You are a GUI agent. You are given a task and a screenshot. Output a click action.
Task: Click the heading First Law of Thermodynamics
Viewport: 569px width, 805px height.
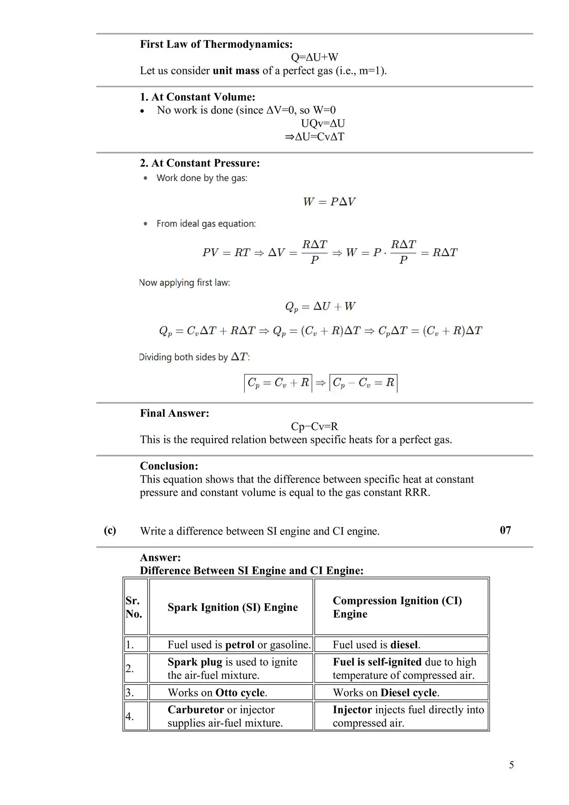coord(216,44)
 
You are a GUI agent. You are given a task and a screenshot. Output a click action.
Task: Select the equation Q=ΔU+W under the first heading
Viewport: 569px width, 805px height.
coord(314,57)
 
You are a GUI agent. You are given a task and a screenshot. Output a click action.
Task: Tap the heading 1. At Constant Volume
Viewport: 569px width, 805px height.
coord(197,97)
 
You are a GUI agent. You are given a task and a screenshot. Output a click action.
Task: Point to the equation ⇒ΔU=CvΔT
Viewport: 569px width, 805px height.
coord(314,137)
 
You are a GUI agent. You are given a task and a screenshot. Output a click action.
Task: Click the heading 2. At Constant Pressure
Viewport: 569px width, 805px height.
coord(200,163)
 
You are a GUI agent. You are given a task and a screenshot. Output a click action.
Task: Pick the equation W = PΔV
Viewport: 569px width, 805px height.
coord(329,202)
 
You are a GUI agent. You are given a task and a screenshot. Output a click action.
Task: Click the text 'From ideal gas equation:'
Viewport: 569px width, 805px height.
coord(206,224)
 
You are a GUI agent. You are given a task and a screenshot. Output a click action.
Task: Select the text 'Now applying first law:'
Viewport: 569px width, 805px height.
coord(184,283)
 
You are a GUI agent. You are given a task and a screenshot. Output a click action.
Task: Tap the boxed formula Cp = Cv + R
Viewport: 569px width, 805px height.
coord(278,383)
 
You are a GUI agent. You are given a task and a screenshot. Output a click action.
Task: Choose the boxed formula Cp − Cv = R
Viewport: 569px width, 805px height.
coord(363,383)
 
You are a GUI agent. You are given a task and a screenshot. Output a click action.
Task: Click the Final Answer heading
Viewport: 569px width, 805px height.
coord(174,413)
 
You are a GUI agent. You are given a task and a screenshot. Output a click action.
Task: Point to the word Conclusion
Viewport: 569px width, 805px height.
coord(169,466)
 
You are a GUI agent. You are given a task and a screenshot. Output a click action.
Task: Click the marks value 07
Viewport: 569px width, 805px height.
coord(505,530)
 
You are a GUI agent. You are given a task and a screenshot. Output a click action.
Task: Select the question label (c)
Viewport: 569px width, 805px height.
coord(110,530)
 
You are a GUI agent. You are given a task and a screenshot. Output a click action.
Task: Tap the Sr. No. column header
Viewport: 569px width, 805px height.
coord(134,607)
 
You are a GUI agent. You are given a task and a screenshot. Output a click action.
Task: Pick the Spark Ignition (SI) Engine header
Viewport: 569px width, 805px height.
coord(233,608)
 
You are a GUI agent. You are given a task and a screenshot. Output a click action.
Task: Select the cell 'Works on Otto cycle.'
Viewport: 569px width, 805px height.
coord(217,693)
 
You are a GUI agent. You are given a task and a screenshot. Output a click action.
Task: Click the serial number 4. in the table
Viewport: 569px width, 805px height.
coord(130,717)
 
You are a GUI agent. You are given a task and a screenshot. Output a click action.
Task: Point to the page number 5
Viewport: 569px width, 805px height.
coord(511,765)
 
